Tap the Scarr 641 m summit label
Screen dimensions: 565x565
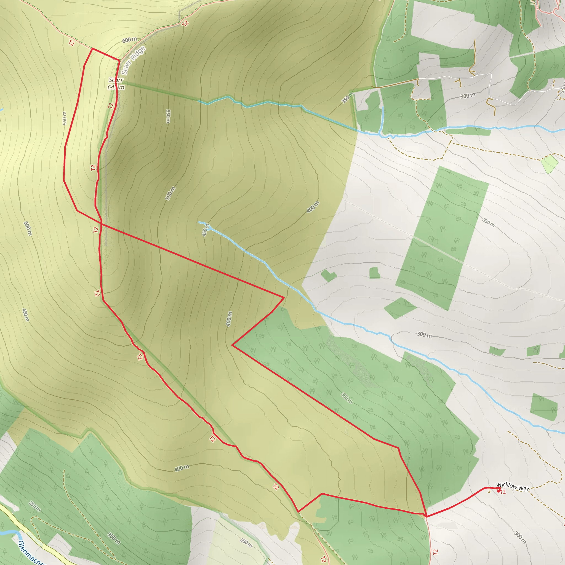pos(116,84)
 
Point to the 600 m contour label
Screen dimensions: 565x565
pos(129,40)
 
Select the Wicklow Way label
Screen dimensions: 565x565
pos(512,487)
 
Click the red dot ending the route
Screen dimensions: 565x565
pos(499,491)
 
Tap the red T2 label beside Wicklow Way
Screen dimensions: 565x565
pos(503,492)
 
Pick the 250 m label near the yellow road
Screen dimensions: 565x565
pos(35,506)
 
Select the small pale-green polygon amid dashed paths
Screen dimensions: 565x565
pos(549,164)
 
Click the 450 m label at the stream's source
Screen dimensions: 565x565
pos(206,230)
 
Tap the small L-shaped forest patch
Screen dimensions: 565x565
pos(328,275)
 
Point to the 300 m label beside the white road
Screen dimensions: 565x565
pos(468,96)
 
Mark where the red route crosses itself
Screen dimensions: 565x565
pos(101,224)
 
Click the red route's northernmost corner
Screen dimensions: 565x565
pos(93,49)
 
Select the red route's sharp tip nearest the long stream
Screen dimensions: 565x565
pos(284,297)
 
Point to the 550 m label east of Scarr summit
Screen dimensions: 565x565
pos(168,116)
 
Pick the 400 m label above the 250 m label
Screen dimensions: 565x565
pos(182,468)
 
